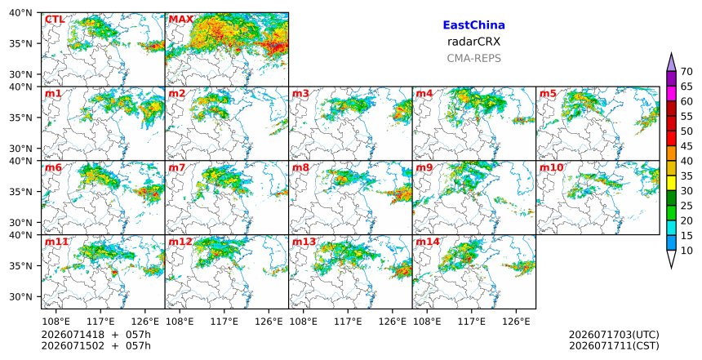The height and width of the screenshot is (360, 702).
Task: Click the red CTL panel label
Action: pos(55,20)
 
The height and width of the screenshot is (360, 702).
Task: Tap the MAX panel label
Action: pos(181,20)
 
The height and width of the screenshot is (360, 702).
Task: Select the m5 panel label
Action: pos(548,94)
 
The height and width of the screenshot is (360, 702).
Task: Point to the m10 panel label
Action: pos(551,167)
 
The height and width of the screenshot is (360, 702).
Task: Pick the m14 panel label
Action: pos(427,242)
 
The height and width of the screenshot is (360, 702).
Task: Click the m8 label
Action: pos(300,167)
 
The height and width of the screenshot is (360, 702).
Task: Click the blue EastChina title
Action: pos(473,25)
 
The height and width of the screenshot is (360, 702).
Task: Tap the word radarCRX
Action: pos(473,42)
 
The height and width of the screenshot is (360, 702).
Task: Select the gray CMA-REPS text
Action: pos(473,58)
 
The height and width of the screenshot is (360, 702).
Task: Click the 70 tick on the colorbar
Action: pos(686,72)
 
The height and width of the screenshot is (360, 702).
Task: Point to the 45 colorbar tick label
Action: pos(686,146)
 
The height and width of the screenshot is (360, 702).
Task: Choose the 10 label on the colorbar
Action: pos(686,251)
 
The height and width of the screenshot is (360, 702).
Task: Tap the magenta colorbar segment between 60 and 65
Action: pos(671,94)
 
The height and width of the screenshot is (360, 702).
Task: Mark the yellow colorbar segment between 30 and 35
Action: pos(671,183)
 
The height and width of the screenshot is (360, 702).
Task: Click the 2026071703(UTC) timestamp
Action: pos(614,335)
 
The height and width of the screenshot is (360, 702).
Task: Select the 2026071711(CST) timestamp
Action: pos(614,345)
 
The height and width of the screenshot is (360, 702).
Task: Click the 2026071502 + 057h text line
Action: pos(96,345)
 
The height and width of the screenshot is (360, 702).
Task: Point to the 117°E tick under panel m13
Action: pos(348,322)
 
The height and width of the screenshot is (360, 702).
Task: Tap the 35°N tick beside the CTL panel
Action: pos(20,43)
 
